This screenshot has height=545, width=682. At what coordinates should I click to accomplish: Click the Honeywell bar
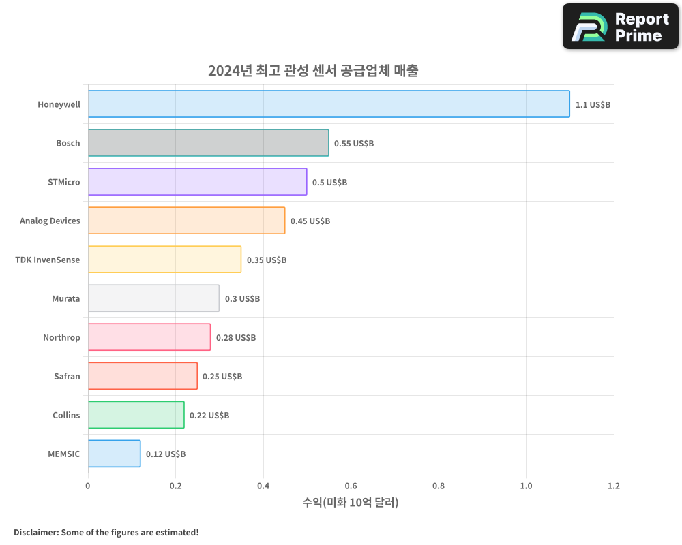tap(329, 104)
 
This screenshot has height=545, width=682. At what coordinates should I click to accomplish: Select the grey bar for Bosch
tap(208, 143)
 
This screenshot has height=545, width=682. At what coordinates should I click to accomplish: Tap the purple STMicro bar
tap(197, 182)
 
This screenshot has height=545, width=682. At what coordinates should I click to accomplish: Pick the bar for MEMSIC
tap(114, 454)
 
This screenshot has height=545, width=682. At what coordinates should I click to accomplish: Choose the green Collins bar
tap(136, 415)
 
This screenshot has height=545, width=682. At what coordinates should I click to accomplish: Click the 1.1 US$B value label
tap(593, 105)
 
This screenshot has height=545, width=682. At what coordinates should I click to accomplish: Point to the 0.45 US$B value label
tap(310, 221)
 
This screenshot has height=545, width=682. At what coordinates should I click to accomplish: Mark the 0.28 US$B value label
tap(236, 338)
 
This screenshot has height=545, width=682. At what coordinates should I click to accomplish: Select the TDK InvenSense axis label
tap(47, 260)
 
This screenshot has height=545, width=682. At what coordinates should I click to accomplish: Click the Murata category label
tap(65, 298)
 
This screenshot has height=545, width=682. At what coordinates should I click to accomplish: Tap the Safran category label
tap(67, 376)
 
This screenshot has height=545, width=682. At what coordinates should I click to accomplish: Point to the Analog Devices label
tap(50, 221)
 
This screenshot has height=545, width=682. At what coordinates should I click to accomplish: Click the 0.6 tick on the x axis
tap(351, 486)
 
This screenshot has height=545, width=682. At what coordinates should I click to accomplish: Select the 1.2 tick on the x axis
tap(614, 486)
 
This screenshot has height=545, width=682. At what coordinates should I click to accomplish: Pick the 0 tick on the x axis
tap(88, 486)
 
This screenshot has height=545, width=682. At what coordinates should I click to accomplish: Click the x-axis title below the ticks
tap(351, 503)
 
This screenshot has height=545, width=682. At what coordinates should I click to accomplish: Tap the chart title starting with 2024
tap(313, 70)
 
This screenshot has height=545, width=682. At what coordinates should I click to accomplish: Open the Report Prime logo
tap(621, 27)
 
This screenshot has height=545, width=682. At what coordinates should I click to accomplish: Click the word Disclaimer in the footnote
tap(35, 532)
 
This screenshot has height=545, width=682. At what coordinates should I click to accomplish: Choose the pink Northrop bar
tap(149, 337)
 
